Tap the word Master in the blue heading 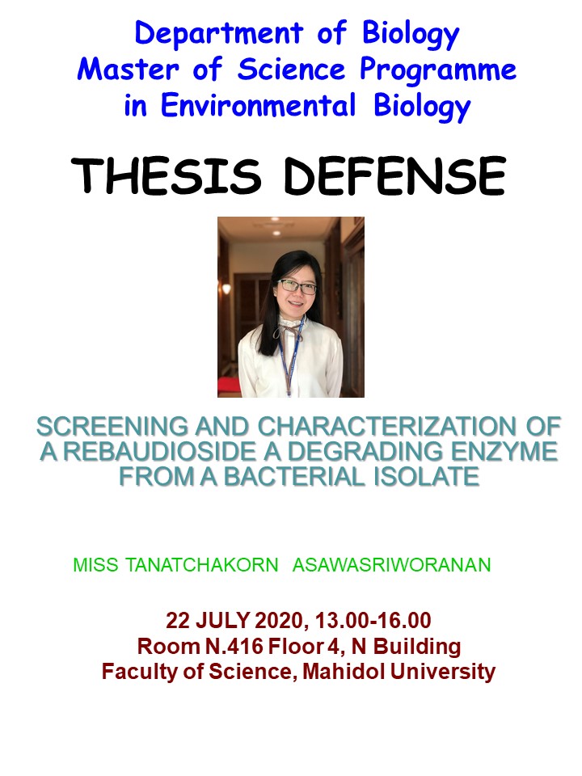pos(128,69)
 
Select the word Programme pos(438,71)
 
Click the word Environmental pos(259,105)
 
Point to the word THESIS pos(167,175)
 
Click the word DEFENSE pos(395,175)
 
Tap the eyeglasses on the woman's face pos(297,286)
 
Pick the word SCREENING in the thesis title pos(112,426)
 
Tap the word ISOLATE pos(426,477)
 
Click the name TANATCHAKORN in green pos(201,565)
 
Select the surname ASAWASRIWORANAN pos(391,565)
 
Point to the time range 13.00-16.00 pos(373,620)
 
